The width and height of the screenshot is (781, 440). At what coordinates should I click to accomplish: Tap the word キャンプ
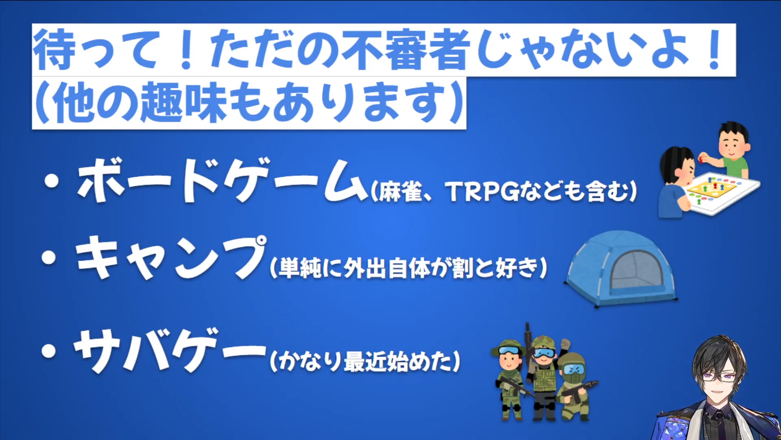[x=171, y=257]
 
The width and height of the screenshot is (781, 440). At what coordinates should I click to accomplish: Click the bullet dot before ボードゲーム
[x=52, y=181]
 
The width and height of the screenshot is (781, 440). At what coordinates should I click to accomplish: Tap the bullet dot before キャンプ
[x=49, y=258]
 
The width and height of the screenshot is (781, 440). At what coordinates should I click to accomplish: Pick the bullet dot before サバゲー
[x=49, y=351]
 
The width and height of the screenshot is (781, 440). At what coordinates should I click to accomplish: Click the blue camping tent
[x=621, y=269]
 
